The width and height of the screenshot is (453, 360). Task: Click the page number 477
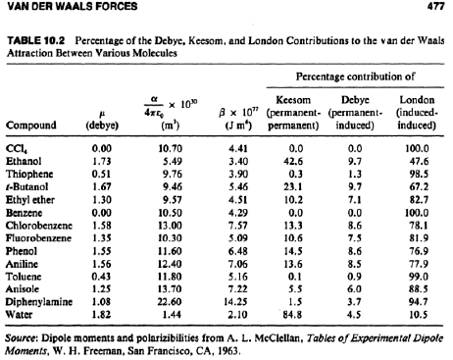click(436, 6)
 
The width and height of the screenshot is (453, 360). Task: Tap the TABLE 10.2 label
click(36, 40)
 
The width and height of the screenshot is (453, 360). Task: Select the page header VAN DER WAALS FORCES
click(73, 6)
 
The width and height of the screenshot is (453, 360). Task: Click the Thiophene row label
click(29, 174)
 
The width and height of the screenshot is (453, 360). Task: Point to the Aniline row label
click(22, 264)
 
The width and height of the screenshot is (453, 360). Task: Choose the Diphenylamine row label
click(39, 302)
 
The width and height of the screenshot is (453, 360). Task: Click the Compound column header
click(31, 126)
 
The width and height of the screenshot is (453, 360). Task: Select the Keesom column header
click(293, 100)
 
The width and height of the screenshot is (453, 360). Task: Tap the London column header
click(417, 100)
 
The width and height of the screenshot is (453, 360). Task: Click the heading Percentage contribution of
click(355, 77)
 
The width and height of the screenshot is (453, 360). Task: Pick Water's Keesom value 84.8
click(293, 315)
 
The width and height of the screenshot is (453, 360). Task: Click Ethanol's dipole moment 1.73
click(101, 162)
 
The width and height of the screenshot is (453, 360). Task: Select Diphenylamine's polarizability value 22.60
click(169, 302)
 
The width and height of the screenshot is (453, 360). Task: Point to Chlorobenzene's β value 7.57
click(238, 226)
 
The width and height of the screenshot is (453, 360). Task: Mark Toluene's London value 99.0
click(419, 277)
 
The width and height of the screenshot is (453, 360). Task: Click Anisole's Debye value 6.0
click(354, 289)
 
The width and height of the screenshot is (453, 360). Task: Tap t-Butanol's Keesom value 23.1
click(293, 187)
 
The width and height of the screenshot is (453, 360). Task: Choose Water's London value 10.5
click(419, 315)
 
